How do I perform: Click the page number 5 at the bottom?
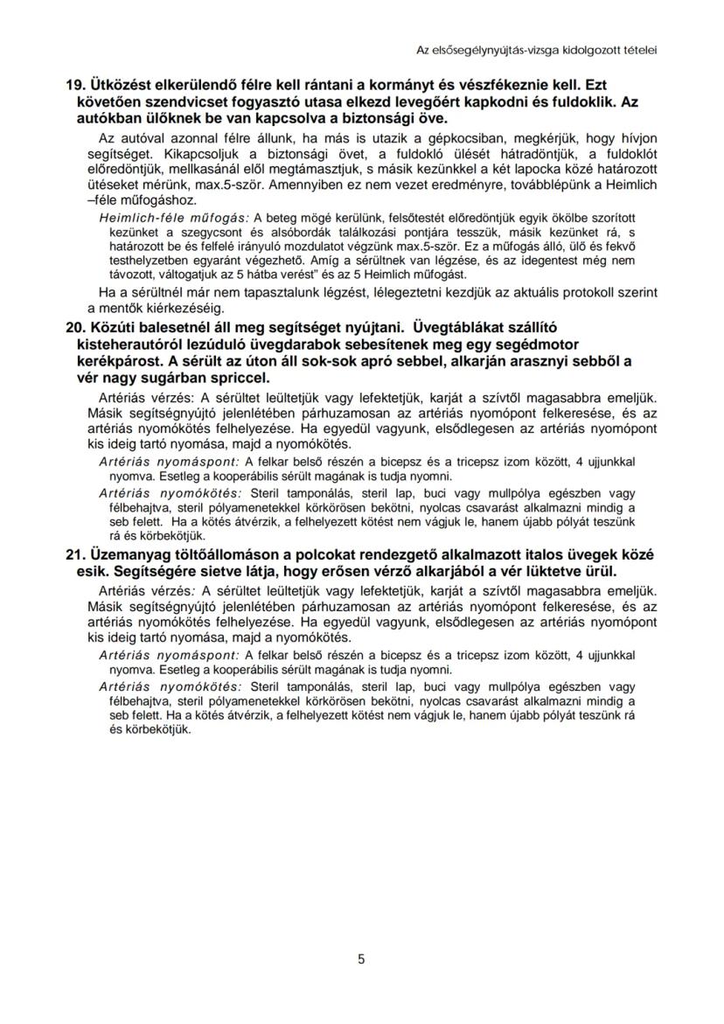(x=361, y=959)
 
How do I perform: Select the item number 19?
(x=75, y=87)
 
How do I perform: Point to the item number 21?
(x=75, y=555)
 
